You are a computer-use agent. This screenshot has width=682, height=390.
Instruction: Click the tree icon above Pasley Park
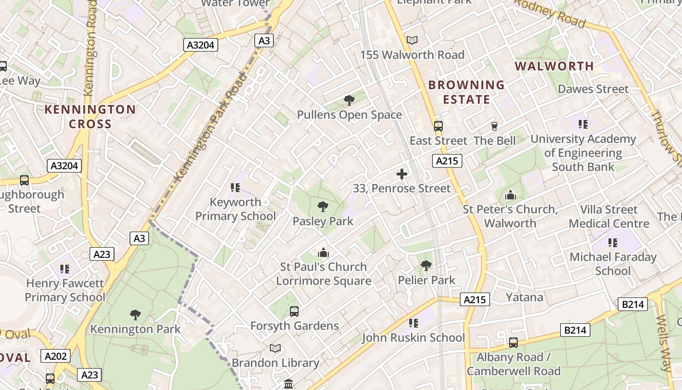322,207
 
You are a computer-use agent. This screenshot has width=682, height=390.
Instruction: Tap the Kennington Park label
135,329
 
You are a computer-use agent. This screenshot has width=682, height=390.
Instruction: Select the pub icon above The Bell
494,126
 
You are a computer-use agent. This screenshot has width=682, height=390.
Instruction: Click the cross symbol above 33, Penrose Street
402,174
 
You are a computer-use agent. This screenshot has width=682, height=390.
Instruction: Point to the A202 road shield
56,356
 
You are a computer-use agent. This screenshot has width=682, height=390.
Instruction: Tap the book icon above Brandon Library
275,349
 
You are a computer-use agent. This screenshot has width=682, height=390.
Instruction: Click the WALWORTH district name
554,66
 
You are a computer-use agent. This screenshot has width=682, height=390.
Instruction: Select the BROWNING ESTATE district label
466,92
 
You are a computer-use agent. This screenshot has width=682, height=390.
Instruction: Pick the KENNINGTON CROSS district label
90,117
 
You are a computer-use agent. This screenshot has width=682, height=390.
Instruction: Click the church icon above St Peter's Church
511,195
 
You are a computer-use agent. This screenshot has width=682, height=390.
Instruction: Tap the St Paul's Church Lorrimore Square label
323,274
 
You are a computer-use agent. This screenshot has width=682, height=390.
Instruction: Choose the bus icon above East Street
438,126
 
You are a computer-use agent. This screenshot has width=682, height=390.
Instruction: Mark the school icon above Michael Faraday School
612,242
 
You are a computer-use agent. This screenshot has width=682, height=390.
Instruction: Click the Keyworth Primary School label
235,209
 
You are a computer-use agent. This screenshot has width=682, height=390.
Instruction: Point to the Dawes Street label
593,89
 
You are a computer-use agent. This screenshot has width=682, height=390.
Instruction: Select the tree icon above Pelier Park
426,266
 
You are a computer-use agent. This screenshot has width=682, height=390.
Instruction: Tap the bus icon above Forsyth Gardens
294,312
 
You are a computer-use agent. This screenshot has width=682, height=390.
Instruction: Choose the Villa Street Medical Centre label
609,216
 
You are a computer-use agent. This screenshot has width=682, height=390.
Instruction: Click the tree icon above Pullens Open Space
349,100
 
